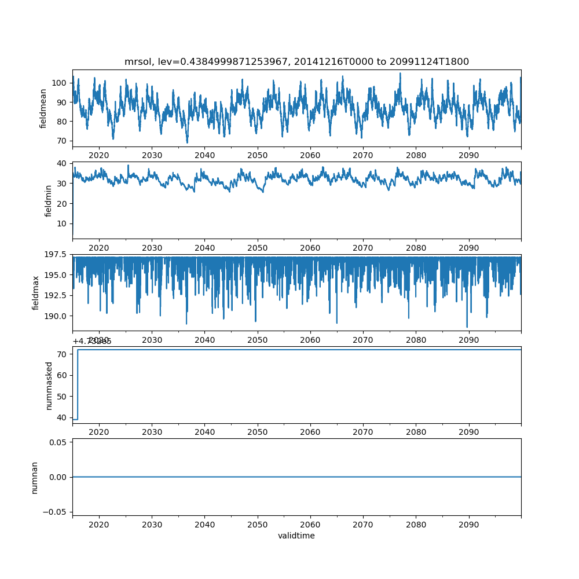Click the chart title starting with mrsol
point(296,61)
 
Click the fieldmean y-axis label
point(43,108)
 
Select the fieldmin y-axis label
point(49,200)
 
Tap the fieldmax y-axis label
point(36,292)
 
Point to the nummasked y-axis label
point(49,385)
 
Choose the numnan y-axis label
point(34,477)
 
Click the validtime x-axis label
point(296,536)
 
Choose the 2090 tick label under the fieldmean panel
point(468,155)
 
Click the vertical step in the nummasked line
point(78,384)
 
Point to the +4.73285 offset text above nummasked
point(92,341)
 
